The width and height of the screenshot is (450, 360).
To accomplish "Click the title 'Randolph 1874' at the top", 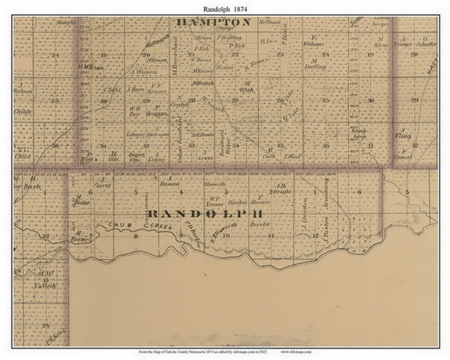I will point(225,8).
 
